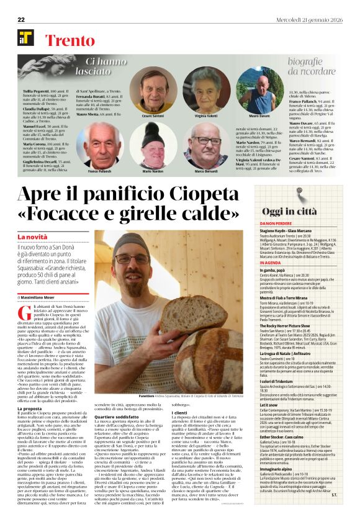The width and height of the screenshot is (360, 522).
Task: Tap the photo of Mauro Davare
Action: coord(259,90)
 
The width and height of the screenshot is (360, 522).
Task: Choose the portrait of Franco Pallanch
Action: coord(99,145)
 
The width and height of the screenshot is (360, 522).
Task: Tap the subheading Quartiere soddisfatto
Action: coord(113,416)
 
